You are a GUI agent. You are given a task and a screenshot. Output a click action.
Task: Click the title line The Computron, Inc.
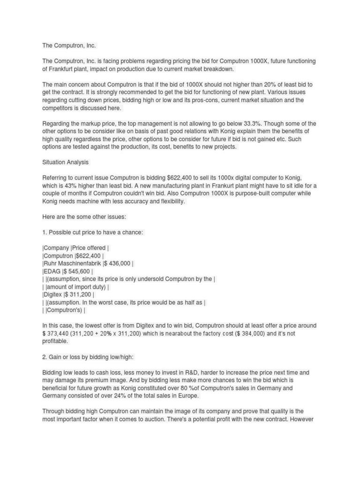tap(69, 45)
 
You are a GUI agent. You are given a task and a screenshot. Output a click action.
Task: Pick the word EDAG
tap(50, 271)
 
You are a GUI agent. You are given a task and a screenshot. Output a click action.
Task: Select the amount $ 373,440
tap(60, 333)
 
